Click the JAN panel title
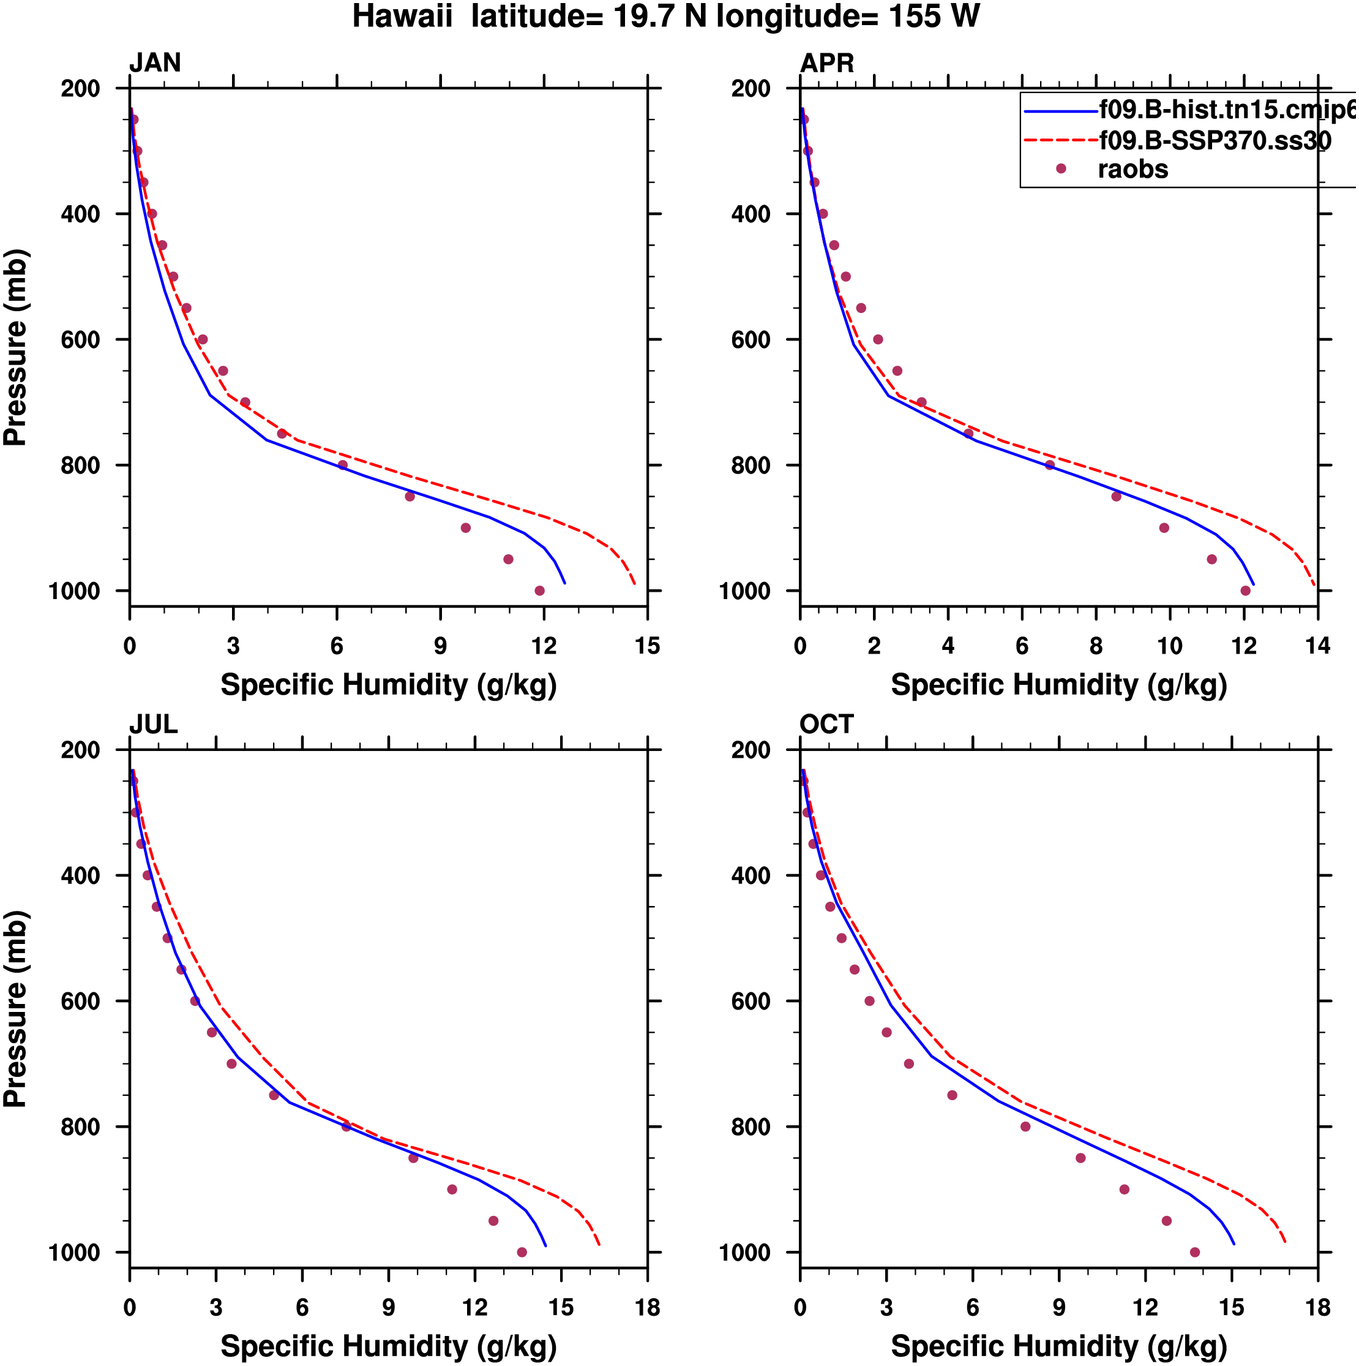click(x=155, y=63)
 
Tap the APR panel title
click(x=827, y=63)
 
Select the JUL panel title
click(x=154, y=725)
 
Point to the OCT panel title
click(x=827, y=725)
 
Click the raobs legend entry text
click(x=1133, y=170)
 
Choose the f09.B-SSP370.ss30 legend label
click(x=1215, y=141)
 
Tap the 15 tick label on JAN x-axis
click(x=647, y=646)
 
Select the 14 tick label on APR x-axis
click(x=1317, y=646)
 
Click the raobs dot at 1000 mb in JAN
click(x=540, y=591)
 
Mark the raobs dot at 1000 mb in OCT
click(x=1195, y=1253)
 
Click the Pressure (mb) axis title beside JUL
click(x=15, y=1009)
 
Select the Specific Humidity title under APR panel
click(x=1058, y=685)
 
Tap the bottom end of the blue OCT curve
click(x=1234, y=1243)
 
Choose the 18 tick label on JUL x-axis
click(x=647, y=1308)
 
